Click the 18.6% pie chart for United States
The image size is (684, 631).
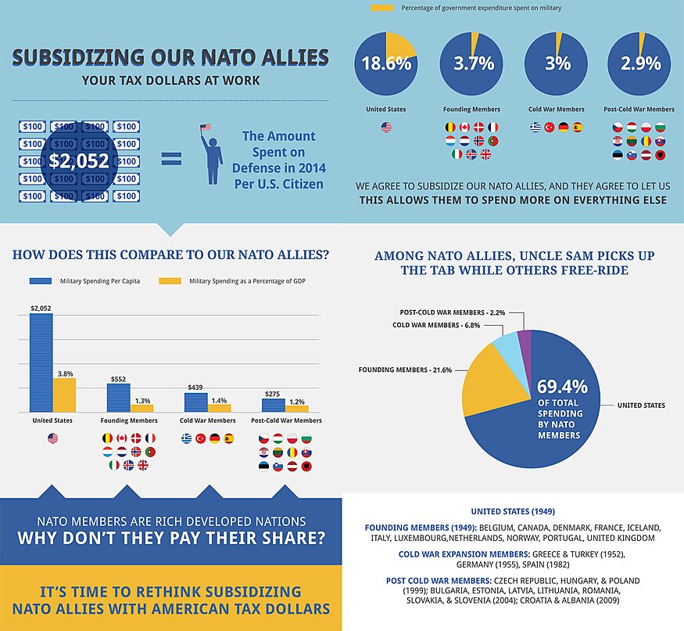tap(386, 63)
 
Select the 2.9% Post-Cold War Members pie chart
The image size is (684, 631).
tap(640, 63)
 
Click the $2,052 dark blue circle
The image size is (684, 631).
tap(83, 160)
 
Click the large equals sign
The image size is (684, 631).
tap(171, 159)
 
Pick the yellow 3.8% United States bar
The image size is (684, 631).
tap(64, 395)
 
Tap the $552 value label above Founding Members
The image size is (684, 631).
tap(118, 378)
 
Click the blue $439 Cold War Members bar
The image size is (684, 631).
tap(195, 402)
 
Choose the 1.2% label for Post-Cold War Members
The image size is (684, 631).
tap(296, 400)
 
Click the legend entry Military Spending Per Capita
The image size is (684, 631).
tap(84, 280)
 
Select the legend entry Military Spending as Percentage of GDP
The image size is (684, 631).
tap(231, 280)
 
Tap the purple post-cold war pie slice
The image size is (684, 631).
tap(525, 344)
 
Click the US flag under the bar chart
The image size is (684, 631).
tap(53, 438)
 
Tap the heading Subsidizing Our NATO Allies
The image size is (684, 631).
tap(170, 58)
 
